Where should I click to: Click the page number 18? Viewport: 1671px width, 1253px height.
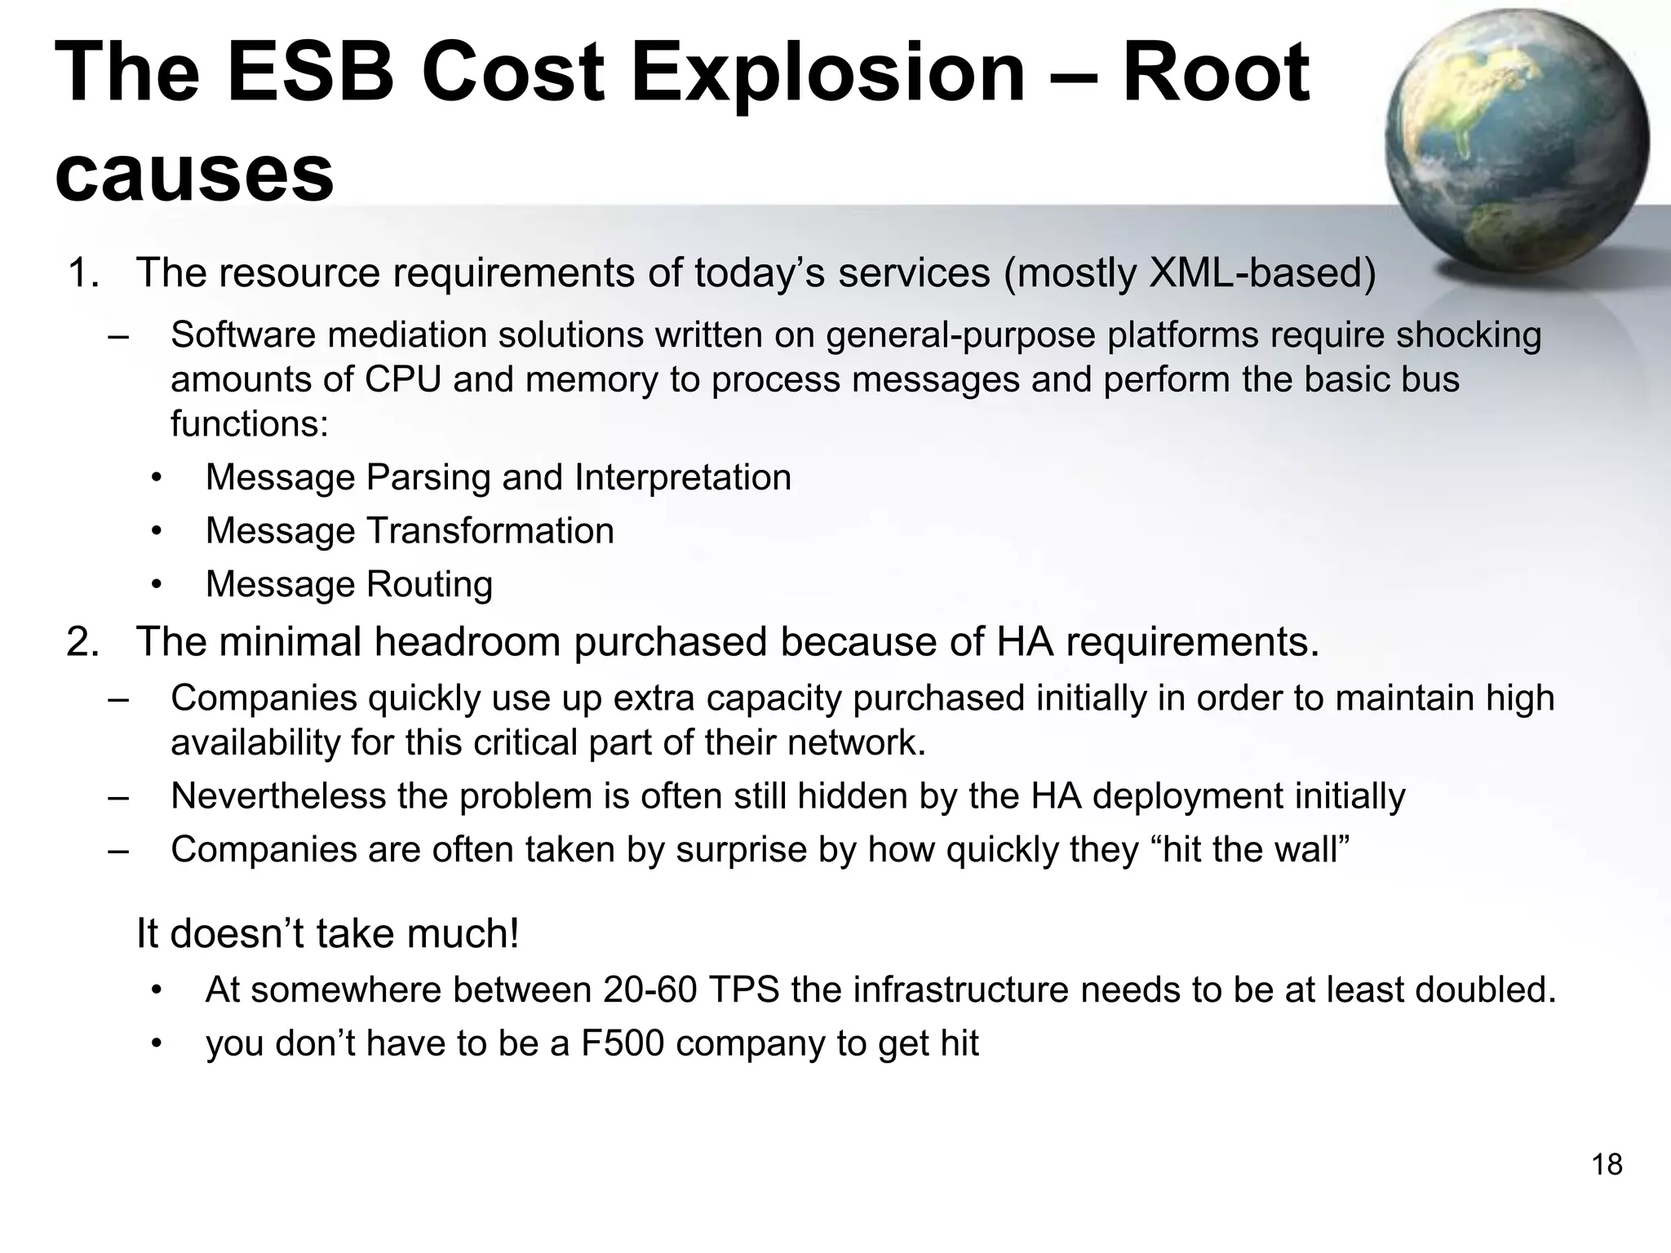click(1607, 1164)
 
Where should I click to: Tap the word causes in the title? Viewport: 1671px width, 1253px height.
click(194, 174)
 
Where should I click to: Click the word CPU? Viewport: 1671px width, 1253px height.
click(403, 379)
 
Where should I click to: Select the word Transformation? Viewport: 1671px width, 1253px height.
click(490, 531)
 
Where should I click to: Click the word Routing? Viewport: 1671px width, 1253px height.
click(429, 584)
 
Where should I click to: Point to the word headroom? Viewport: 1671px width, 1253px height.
click(468, 641)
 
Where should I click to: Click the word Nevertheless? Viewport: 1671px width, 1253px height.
click(277, 796)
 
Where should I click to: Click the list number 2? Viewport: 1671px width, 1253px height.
click(82, 641)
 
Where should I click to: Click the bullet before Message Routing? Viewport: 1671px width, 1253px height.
click(157, 584)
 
